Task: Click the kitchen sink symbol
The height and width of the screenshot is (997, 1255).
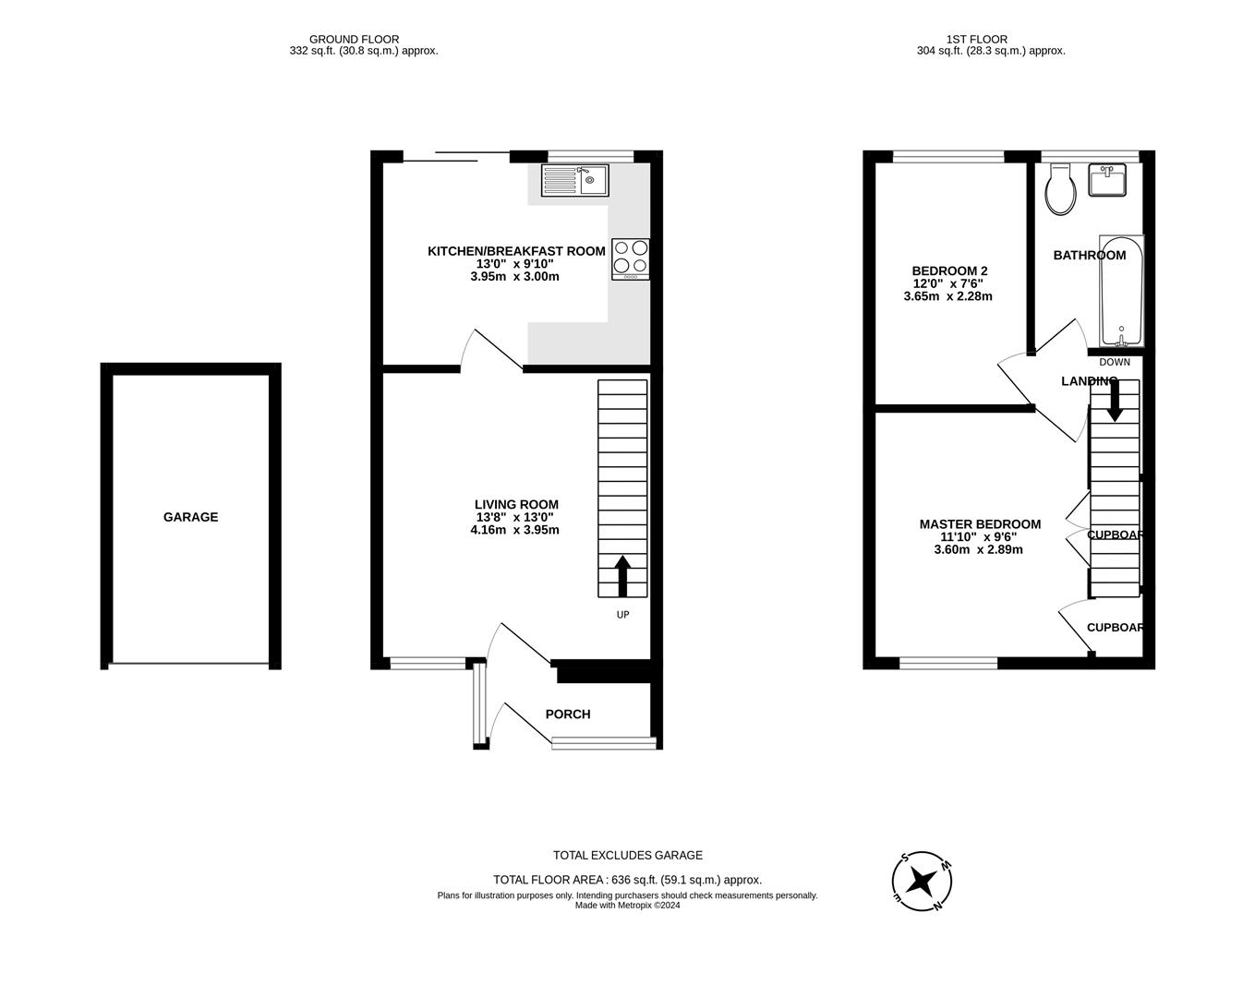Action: pyautogui.click(x=574, y=180)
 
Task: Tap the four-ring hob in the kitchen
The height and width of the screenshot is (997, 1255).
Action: pyautogui.click(x=631, y=258)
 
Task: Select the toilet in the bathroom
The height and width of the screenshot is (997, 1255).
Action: pyautogui.click(x=1060, y=191)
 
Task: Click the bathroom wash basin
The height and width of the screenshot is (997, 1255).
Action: pyautogui.click(x=1106, y=180)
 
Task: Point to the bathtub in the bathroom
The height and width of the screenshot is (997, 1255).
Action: pyautogui.click(x=1121, y=291)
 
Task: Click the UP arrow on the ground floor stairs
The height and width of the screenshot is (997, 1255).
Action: pyautogui.click(x=622, y=576)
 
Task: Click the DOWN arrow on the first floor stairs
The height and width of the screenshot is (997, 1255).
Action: pyautogui.click(x=1115, y=401)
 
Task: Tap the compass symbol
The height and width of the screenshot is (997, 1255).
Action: pyautogui.click(x=922, y=881)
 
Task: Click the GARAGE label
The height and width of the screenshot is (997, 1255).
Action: pyautogui.click(x=190, y=517)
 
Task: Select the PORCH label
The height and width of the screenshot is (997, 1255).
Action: pyautogui.click(x=568, y=714)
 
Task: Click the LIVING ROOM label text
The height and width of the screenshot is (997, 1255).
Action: pyautogui.click(x=516, y=504)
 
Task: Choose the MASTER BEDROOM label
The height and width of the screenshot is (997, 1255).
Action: pyautogui.click(x=980, y=523)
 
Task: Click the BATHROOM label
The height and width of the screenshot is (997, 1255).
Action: pyautogui.click(x=1090, y=255)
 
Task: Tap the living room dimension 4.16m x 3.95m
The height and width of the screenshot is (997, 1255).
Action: pyautogui.click(x=514, y=530)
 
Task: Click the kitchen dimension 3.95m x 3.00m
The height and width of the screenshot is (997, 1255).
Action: pyautogui.click(x=514, y=276)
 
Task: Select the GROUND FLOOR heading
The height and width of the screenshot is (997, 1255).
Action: pyautogui.click(x=354, y=39)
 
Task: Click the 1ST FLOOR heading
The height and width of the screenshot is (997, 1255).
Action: pyautogui.click(x=976, y=39)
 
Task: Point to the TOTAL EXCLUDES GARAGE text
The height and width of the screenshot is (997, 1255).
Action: pyautogui.click(x=627, y=855)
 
